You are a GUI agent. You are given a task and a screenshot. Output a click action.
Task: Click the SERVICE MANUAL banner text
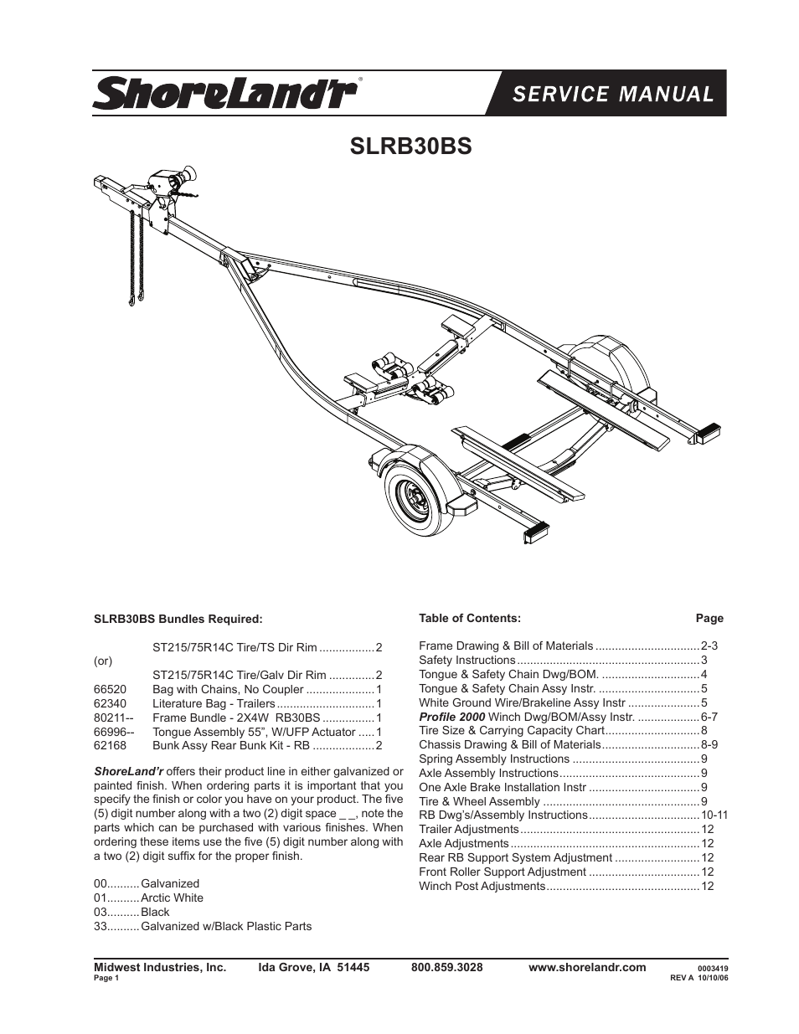click(x=613, y=94)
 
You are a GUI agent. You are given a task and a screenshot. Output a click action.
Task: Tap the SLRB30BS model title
click(x=410, y=146)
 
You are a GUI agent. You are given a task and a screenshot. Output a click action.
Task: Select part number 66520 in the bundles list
click(x=110, y=689)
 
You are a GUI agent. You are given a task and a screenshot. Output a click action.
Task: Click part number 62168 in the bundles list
click(x=110, y=745)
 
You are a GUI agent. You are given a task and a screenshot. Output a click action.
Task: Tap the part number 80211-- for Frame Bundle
click(x=114, y=717)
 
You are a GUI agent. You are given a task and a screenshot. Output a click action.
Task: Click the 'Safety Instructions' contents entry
click(x=467, y=660)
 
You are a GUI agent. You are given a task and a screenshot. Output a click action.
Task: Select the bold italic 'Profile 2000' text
click(x=452, y=717)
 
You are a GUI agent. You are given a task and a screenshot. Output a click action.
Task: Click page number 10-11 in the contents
click(x=714, y=815)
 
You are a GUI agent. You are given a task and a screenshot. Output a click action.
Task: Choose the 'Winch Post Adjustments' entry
click(x=482, y=886)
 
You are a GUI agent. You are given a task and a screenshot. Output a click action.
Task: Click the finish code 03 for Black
click(x=101, y=912)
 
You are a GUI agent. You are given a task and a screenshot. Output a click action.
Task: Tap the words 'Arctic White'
click(x=172, y=898)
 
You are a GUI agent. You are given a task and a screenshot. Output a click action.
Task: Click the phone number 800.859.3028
click(x=447, y=967)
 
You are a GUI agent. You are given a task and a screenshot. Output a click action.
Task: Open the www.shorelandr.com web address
click(x=587, y=967)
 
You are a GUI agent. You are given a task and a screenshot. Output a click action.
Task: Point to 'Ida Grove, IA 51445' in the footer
click(x=313, y=967)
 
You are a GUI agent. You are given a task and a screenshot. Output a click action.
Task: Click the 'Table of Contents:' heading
click(x=470, y=618)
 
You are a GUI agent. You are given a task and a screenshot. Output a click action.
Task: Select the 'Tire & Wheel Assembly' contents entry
click(x=479, y=801)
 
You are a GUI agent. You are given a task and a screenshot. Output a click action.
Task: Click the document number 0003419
click(x=713, y=968)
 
